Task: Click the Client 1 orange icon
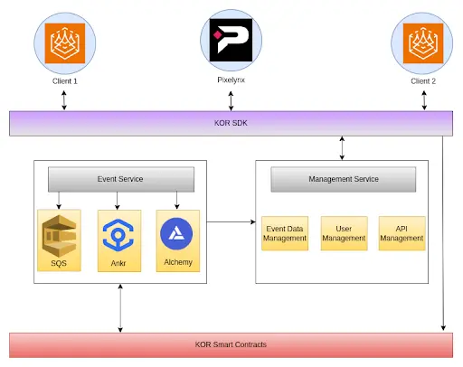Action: pyautogui.click(x=65, y=43)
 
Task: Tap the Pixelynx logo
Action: pyautogui.click(x=231, y=40)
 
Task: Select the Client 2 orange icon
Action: pyautogui.click(x=423, y=43)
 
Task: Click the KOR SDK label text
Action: pyautogui.click(x=231, y=123)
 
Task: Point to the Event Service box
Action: pyautogui.click(x=121, y=179)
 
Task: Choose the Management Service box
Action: pyautogui.click(x=344, y=179)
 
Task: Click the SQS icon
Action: pyautogui.click(x=59, y=236)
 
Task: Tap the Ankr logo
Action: pyautogui.click(x=118, y=235)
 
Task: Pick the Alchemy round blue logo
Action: pyautogui.click(x=176, y=234)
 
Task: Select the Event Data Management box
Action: pyautogui.click(x=285, y=233)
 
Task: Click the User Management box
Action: pyautogui.click(x=344, y=233)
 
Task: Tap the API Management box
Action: pyautogui.click(x=402, y=233)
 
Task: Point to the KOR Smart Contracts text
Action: pyautogui.click(x=231, y=344)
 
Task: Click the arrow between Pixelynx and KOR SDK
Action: pyautogui.click(x=231, y=101)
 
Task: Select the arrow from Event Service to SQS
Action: pyautogui.click(x=59, y=201)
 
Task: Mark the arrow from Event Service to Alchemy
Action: pyautogui.click(x=177, y=201)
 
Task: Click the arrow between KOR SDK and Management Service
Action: pyautogui.click(x=342, y=148)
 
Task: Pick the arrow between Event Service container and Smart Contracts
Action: pyautogui.click(x=120, y=308)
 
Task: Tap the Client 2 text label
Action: pyautogui.click(x=423, y=81)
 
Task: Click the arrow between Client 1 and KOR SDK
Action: pyautogui.click(x=64, y=100)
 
